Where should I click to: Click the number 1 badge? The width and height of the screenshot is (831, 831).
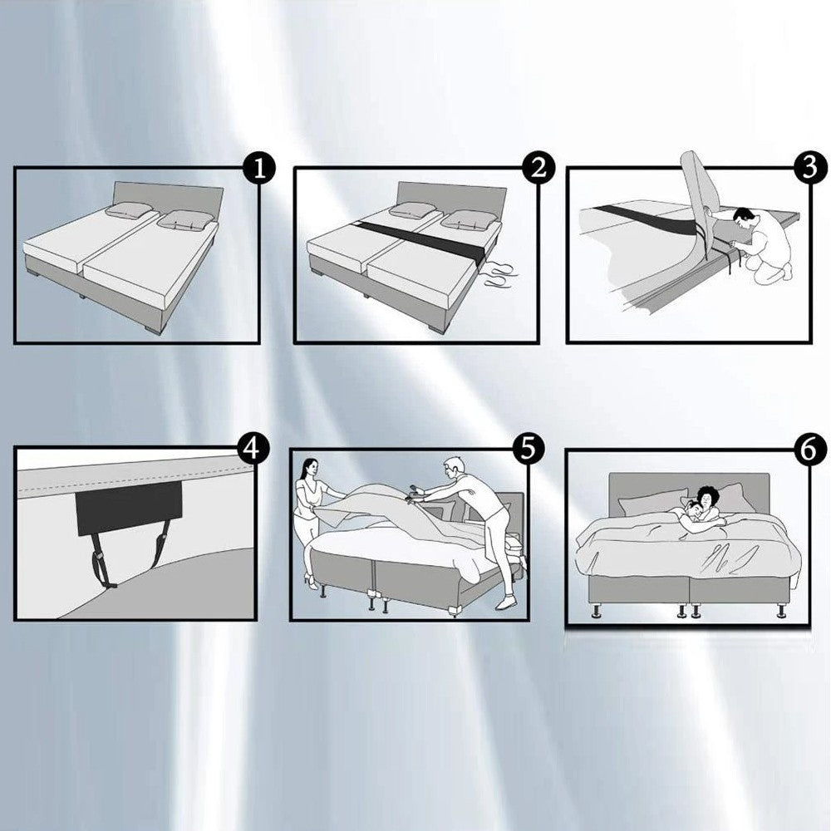[x=259, y=170]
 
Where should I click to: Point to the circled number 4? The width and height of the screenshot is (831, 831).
[x=253, y=450]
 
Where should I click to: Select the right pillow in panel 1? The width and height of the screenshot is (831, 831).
[x=185, y=219]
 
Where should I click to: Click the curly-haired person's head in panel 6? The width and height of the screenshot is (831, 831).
[x=707, y=498]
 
